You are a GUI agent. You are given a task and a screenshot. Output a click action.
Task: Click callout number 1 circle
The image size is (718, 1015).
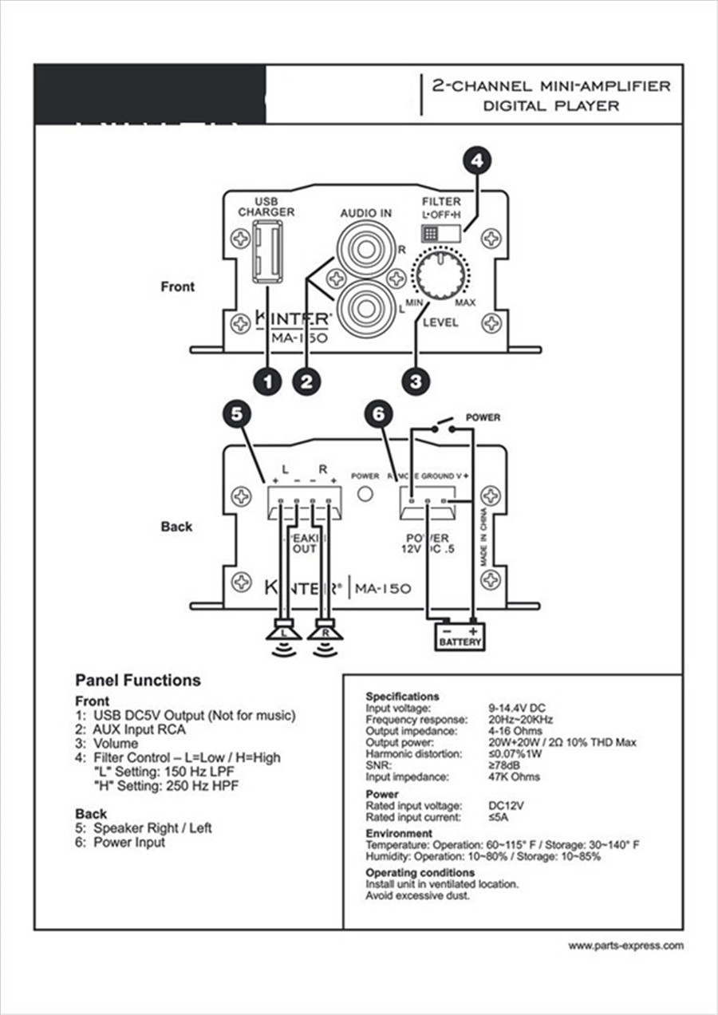(267, 381)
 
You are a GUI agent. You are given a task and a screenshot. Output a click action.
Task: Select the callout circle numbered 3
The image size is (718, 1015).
(415, 381)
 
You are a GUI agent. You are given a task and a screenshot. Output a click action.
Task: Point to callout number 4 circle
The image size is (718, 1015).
(477, 161)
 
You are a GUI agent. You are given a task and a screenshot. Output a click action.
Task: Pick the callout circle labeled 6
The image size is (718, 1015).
(378, 413)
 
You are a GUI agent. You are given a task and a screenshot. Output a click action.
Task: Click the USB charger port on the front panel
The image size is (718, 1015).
(266, 251)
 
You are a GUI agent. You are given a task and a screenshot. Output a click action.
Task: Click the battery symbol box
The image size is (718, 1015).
(460, 637)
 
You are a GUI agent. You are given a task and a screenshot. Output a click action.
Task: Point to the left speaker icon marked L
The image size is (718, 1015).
(283, 633)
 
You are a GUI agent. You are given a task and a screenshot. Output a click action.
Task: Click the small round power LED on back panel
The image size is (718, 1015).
(365, 494)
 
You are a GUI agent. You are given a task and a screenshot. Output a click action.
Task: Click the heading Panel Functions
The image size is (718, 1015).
(137, 680)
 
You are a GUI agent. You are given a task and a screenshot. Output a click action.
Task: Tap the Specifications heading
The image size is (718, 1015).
(402, 696)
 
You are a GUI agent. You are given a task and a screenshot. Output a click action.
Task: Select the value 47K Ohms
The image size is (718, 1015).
(514, 776)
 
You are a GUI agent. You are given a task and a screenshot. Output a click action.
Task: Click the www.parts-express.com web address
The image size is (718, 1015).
(625, 946)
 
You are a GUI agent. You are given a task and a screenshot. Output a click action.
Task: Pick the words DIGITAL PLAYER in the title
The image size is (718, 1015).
(550, 105)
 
